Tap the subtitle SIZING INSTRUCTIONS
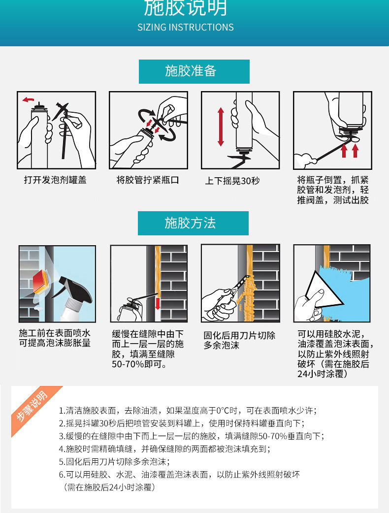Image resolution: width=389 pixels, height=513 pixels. [186, 27]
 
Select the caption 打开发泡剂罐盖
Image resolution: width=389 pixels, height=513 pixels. [55, 180]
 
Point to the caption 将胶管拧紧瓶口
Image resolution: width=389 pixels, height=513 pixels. [148, 180]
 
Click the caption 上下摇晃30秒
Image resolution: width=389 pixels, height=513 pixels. [232, 181]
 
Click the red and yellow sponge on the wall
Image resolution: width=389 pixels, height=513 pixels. [40, 279]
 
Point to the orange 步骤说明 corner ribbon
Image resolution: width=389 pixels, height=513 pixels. [33, 408]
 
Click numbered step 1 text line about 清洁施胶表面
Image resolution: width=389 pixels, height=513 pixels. [187, 410]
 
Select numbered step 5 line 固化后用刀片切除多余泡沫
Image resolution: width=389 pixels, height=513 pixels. [114, 461]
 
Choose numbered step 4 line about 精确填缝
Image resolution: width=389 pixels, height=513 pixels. [164, 449]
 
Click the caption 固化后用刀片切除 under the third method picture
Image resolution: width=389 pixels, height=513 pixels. [239, 336]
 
